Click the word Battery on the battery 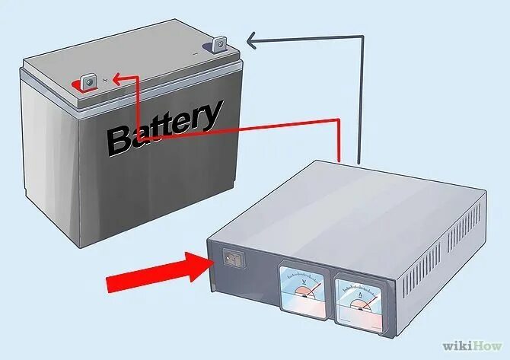click(x=163, y=129)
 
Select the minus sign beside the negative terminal click(x=199, y=53)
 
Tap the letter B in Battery click(x=120, y=142)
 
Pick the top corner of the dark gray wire click(x=359, y=36)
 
